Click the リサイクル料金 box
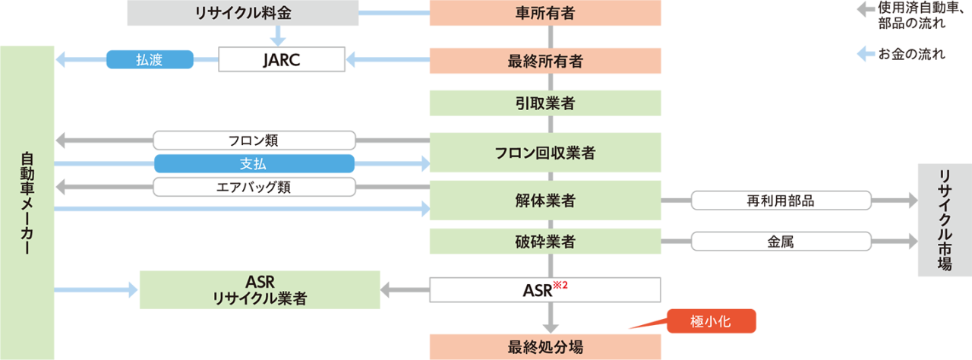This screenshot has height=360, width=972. pos(242,13)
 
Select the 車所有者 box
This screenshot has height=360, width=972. pos(545,13)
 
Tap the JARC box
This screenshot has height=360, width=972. pos(282,60)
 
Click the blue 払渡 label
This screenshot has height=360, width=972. pos(150,60)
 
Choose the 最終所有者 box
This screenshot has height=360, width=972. pos(545,61)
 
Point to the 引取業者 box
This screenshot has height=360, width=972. pos(545,103)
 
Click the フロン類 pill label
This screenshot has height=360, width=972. pos(254,141)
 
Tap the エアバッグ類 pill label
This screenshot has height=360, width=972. pos(254,187)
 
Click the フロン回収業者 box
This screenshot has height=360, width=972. pos(545,153)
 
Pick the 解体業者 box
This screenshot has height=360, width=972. pos(545,201)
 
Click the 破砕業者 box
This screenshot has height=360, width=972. pos(545,242)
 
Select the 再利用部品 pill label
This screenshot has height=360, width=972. pos(781,201)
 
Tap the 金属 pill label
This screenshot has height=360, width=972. pos(781,242)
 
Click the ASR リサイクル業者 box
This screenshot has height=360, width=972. pos(260,289)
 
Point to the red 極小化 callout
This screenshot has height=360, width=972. pos(712,321)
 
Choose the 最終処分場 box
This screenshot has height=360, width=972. pos(545,347)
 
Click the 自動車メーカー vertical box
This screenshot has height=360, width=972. pos(27,202)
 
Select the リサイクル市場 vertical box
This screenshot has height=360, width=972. pos(944,220)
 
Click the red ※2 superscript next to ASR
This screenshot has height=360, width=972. pos(562,283)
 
